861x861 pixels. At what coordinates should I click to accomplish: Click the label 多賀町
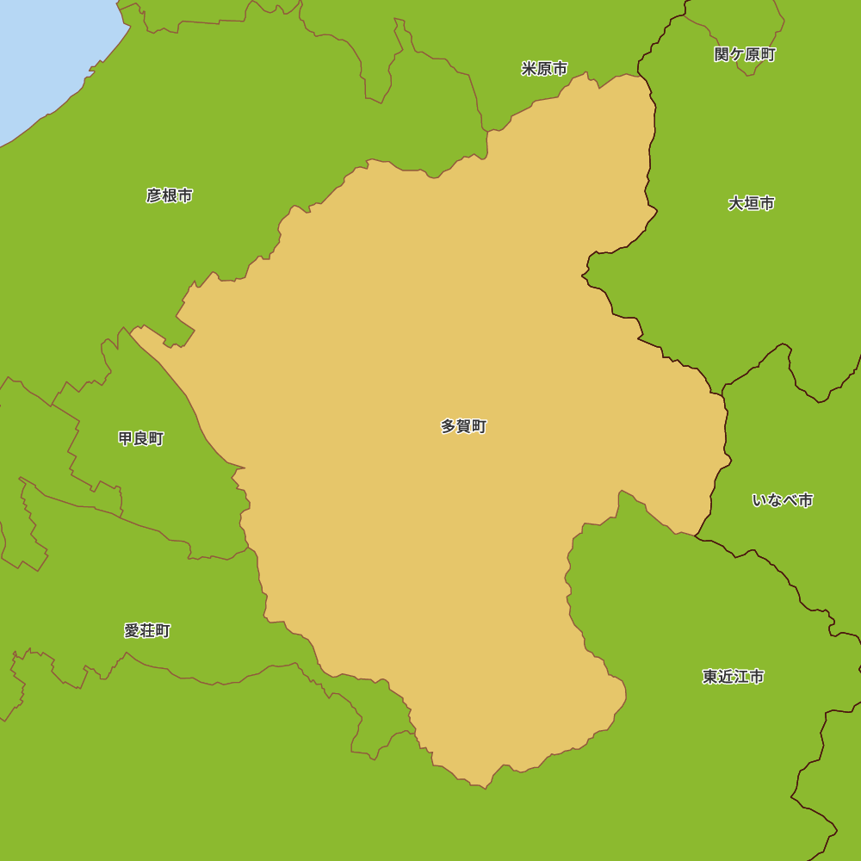(463, 426)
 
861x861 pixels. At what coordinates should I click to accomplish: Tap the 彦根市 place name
(169, 195)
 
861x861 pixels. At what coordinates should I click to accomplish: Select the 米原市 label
(544, 69)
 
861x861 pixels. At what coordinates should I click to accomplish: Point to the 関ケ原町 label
(745, 55)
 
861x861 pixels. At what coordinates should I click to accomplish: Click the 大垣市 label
(751, 203)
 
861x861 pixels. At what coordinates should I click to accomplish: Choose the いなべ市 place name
(782, 500)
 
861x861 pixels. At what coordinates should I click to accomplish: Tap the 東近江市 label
(733, 677)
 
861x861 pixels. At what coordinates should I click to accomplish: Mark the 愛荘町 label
(147, 631)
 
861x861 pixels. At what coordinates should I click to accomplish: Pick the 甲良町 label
(141, 438)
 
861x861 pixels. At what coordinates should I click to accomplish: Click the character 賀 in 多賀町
(463, 426)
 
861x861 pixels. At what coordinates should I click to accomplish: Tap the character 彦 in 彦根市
(154, 195)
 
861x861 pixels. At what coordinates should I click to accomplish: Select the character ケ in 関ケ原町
(737, 55)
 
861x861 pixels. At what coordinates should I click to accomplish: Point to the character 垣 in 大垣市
(752, 203)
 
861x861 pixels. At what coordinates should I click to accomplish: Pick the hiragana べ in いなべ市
(790, 500)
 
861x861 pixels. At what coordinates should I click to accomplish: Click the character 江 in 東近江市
(740, 677)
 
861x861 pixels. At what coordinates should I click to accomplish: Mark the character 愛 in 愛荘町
(132, 631)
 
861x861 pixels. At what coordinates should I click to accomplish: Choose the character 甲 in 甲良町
(126, 438)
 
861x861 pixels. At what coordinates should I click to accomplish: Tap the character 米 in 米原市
(529, 69)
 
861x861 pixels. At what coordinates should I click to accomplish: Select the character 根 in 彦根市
(169, 195)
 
